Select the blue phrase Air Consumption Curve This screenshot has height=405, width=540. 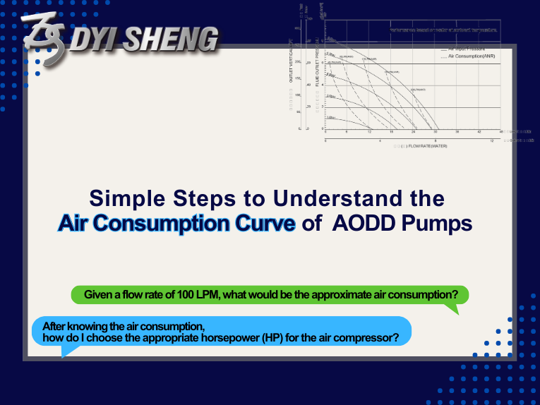176,223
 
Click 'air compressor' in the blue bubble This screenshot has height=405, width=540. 361,337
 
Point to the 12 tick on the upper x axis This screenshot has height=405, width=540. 369,132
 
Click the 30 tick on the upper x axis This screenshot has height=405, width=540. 436,132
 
